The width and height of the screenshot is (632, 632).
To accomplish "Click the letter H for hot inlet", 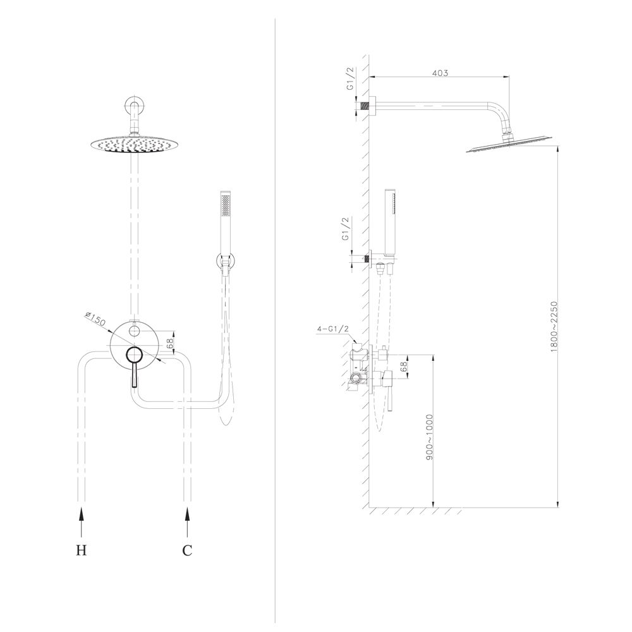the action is click(82, 550).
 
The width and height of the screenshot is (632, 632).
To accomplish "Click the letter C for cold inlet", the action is click(187, 550).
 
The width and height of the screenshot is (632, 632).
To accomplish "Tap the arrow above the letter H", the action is click(82, 522).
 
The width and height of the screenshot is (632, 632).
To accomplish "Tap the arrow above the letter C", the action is click(187, 522).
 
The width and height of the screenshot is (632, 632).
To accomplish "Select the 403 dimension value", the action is click(440, 73).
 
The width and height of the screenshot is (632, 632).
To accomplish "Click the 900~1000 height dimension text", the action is click(429, 437).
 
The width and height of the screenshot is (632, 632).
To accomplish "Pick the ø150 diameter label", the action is click(95, 319).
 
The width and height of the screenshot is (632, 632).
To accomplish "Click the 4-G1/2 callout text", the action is click(333, 329).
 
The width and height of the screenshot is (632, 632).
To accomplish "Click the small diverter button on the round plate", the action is click(134, 331).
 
